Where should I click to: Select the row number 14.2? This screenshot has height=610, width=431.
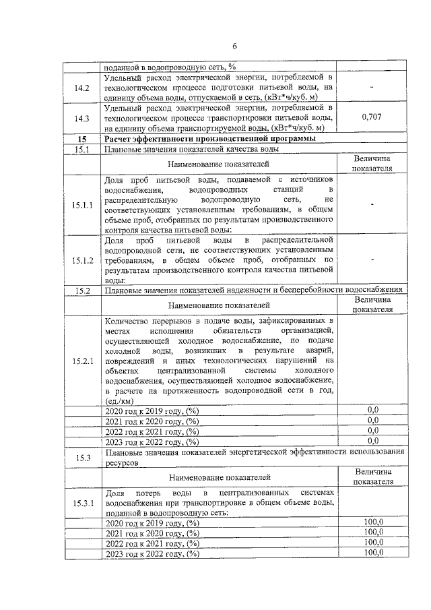pyautogui.click(x=83, y=88)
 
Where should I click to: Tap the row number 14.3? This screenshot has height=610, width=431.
pyautogui.click(x=83, y=117)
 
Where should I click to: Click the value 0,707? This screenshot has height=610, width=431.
pyautogui.click(x=372, y=117)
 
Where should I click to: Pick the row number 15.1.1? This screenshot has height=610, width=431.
pyautogui.click(x=83, y=204)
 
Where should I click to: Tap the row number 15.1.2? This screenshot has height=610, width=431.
pyautogui.click(x=83, y=260)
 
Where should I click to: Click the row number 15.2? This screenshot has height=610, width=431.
pyautogui.click(x=83, y=291)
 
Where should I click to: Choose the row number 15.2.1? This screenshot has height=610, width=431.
pyautogui.click(x=83, y=362)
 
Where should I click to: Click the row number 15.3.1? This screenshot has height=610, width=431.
pyautogui.click(x=83, y=503)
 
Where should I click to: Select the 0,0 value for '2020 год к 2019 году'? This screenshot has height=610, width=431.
pyautogui.click(x=372, y=410)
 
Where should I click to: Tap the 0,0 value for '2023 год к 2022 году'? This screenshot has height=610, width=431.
pyautogui.click(x=372, y=441)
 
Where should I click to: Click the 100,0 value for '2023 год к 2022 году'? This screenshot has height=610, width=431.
pyautogui.click(x=372, y=553)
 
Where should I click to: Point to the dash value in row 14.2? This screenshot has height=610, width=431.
pyautogui.click(x=372, y=88)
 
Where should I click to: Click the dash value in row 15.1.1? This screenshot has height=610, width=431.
pyautogui.click(x=372, y=204)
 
